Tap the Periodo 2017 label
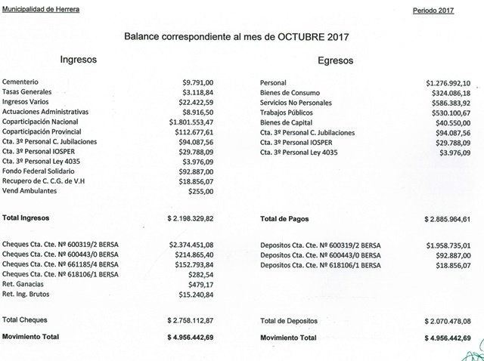(438, 11)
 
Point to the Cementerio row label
(20, 82)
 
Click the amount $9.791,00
(198, 82)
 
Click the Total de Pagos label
(285, 219)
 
